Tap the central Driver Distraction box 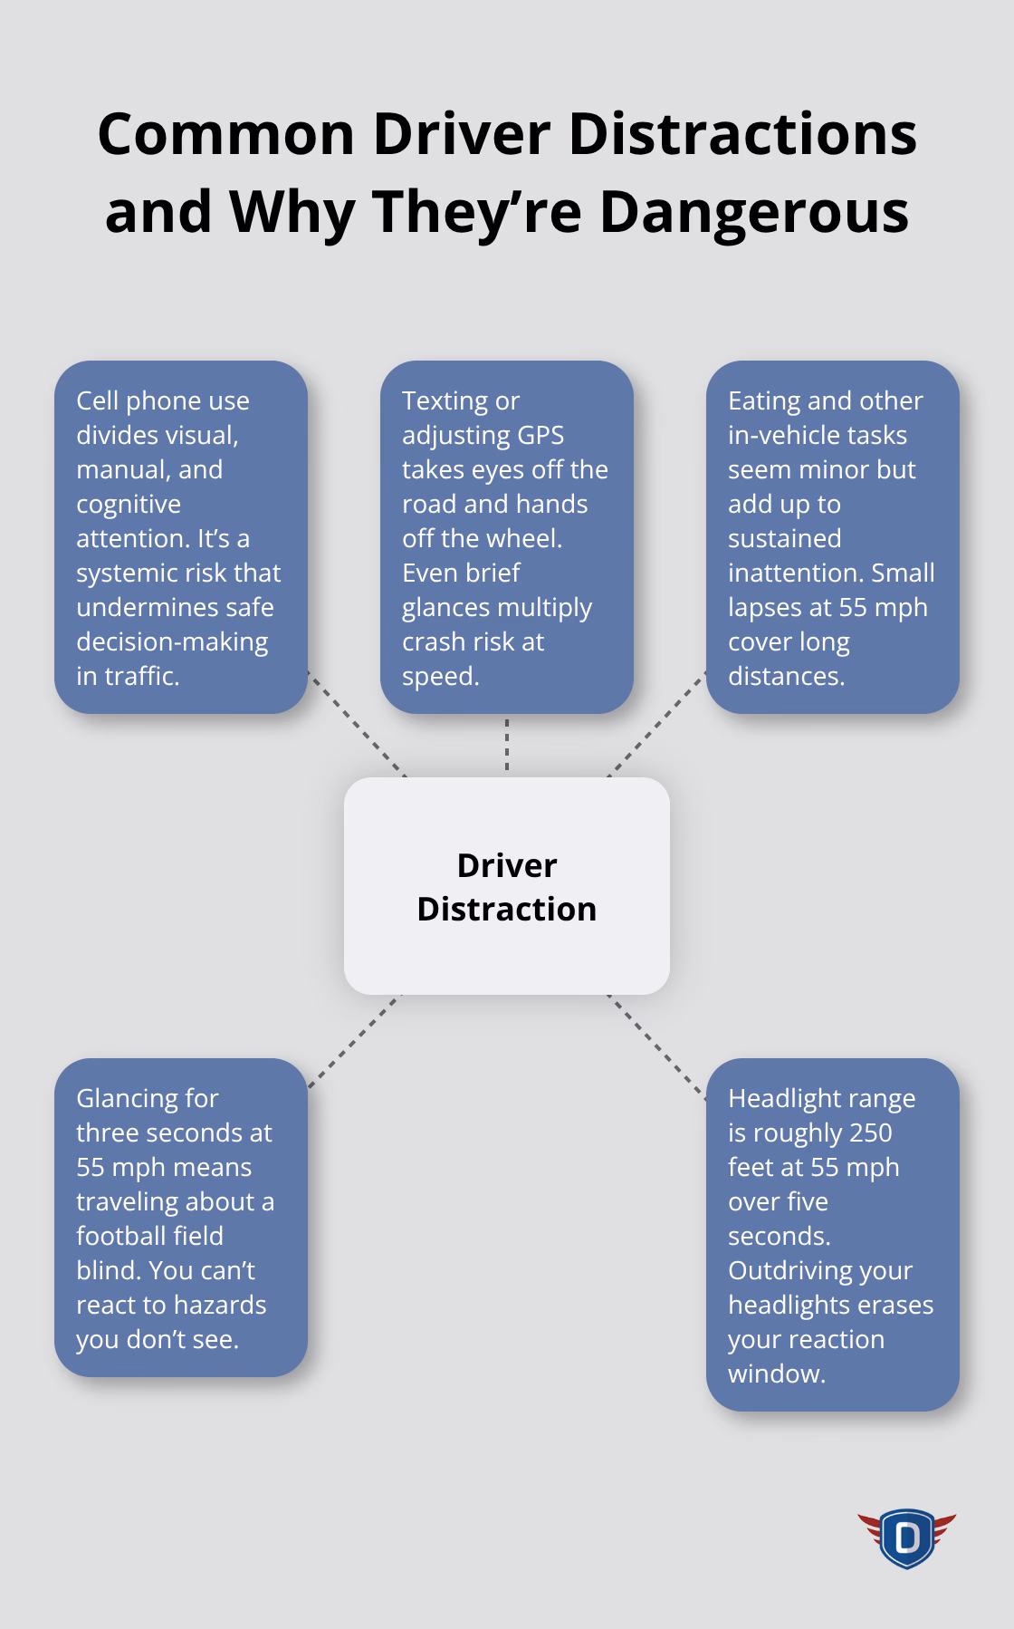click(506, 886)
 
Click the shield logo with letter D click(906, 1537)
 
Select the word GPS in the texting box click(540, 435)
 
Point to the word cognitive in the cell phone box click(129, 504)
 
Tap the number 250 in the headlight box click(865, 1133)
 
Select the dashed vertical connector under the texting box click(507, 745)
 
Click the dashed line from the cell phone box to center click(357, 724)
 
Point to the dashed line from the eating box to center click(656, 724)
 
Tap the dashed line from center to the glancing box click(354, 1041)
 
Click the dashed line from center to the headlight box click(656, 1046)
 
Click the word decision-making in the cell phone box click(172, 641)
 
